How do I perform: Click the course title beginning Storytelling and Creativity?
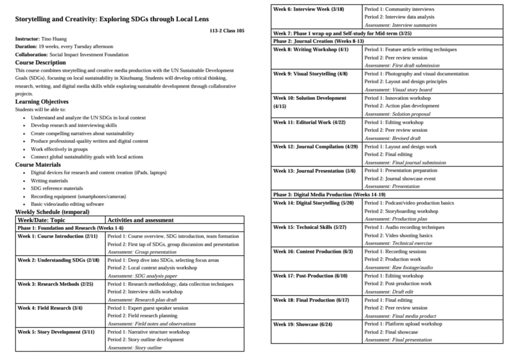click(112, 19)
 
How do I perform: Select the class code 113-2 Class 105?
click(227, 31)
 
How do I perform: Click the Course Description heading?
click(40, 62)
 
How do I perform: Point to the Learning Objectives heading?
click(41, 101)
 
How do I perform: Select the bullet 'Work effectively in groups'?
click(59, 149)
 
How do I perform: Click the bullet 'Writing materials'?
click(49, 180)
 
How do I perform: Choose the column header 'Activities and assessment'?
click(141, 220)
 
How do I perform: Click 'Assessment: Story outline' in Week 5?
click(135, 348)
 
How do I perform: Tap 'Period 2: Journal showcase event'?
click(400, 178)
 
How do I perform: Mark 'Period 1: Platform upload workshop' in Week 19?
click(403, 324)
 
